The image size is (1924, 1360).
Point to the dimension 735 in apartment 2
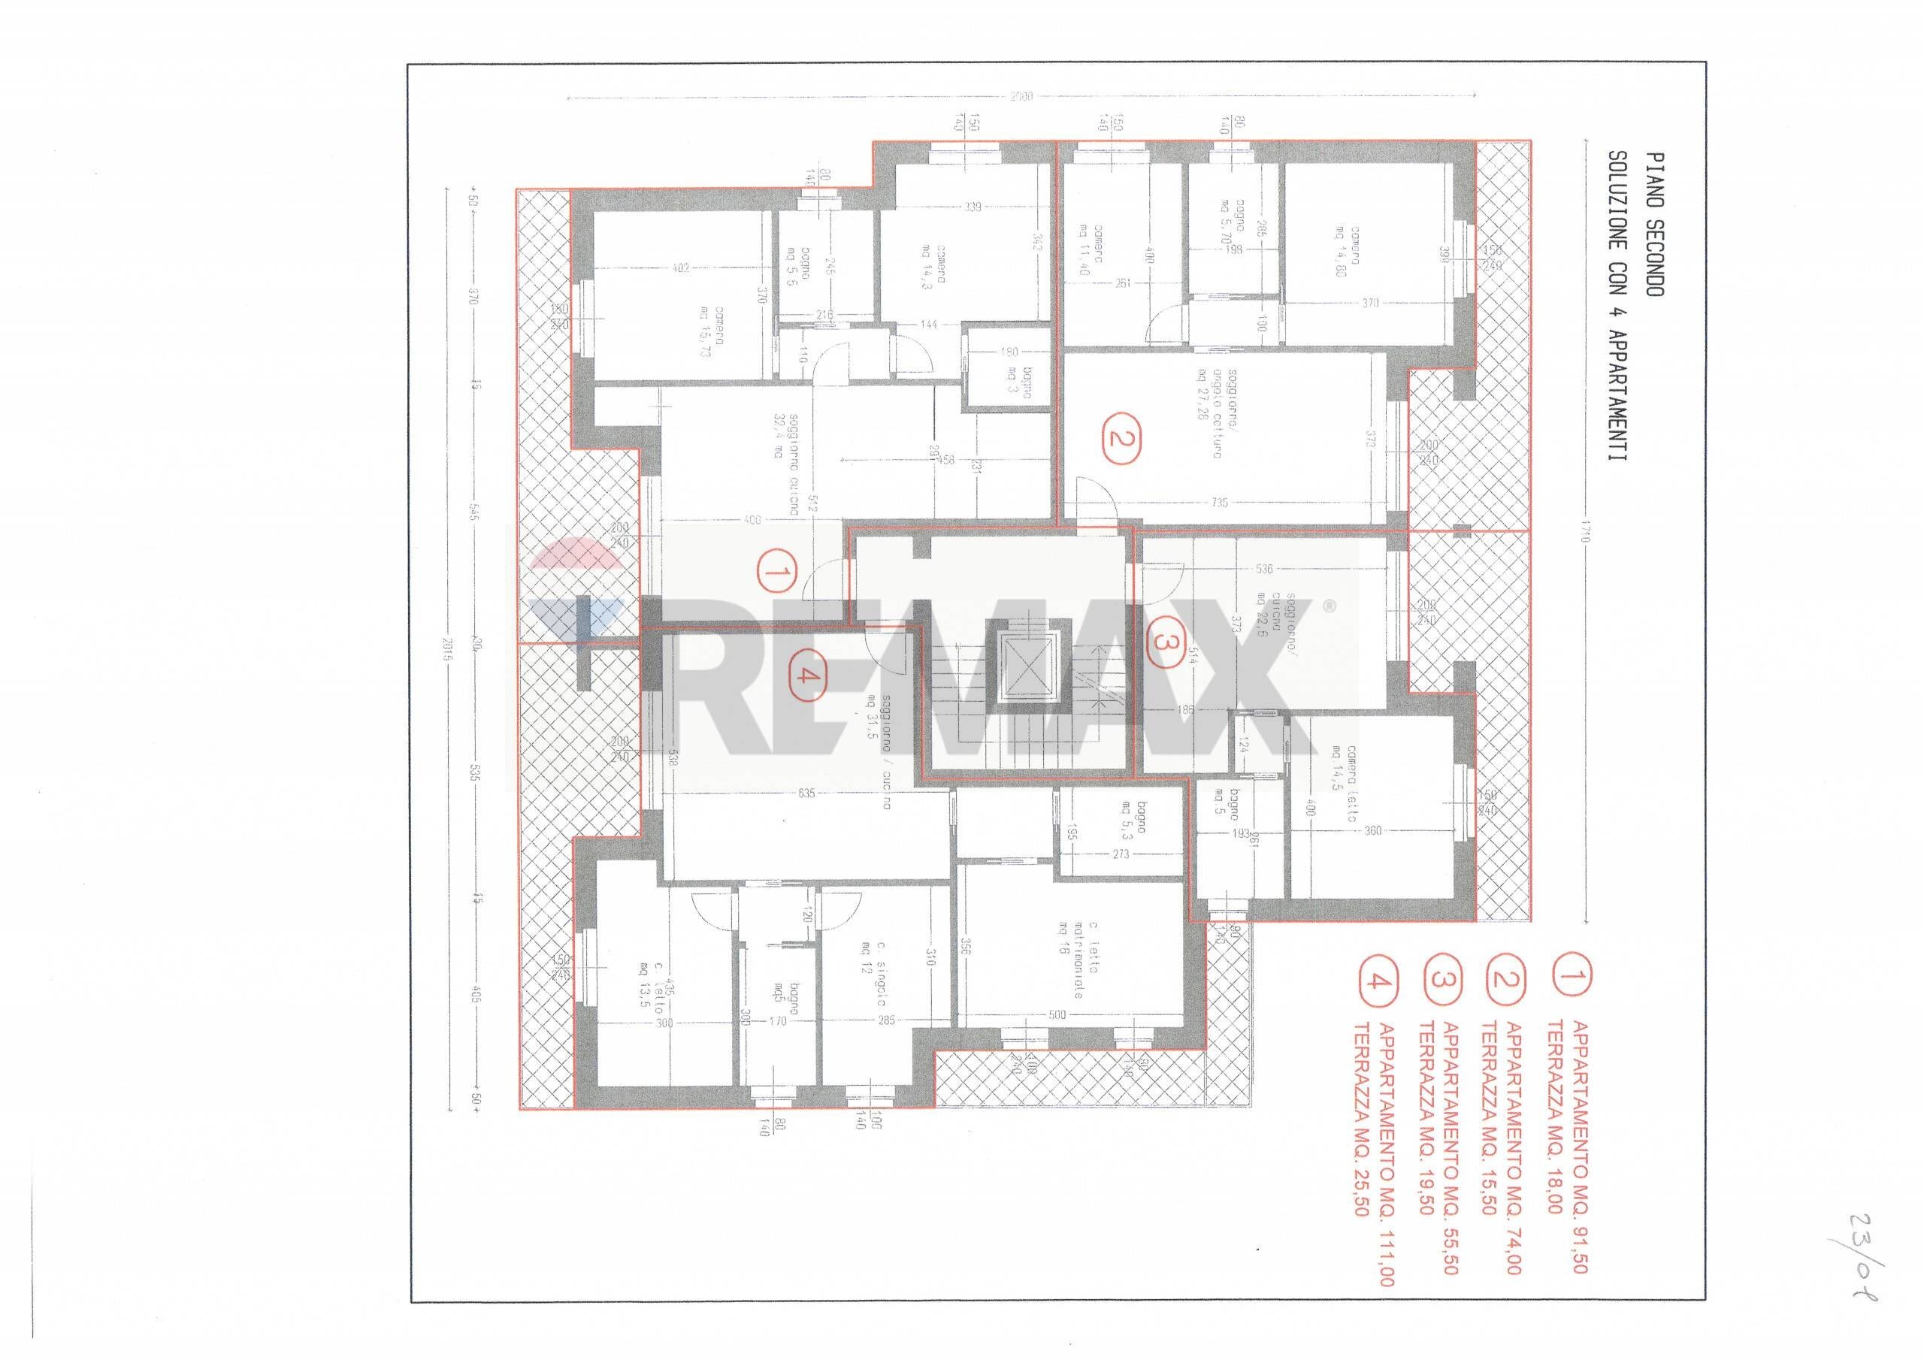(1219, 503)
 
